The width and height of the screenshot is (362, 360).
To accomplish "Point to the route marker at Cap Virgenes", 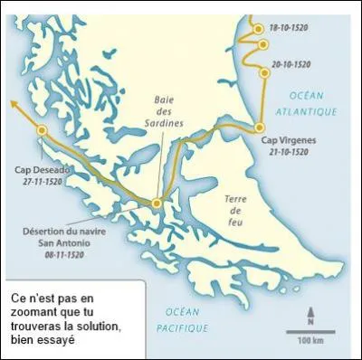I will click(259, 128).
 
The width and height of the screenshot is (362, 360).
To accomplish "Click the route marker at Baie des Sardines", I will click(157, 204).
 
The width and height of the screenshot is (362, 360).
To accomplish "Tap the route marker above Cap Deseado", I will click(42, 131).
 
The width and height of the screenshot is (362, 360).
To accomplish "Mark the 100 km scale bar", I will click(310, 332).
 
